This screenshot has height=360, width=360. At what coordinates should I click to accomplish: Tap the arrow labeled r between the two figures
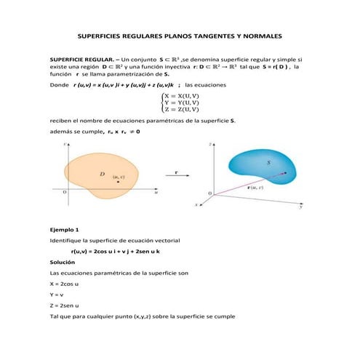(x=177, y=173)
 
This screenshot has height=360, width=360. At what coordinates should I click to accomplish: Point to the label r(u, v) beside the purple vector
(x=255, y=186)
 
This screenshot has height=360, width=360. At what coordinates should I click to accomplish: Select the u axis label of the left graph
(x=156, y=193)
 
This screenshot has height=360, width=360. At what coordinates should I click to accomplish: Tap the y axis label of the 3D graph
(x=300, y=207)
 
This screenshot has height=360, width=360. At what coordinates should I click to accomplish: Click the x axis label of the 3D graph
(x=196, y=205)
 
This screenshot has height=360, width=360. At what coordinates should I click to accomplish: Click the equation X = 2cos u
(x=64, y=284)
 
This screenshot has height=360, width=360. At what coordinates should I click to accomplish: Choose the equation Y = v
(x=56, y=295)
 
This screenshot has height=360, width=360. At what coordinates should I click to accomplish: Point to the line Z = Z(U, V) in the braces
(x=182, y=109)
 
